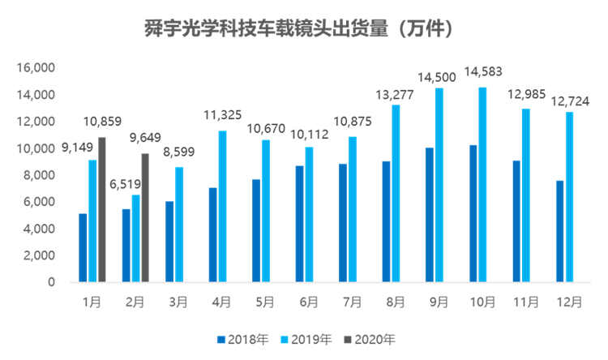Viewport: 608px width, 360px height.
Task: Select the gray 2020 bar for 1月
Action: click(102, 209)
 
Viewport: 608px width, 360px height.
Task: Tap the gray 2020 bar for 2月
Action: click(145, 217)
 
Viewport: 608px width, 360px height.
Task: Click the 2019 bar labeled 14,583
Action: click(482, 184)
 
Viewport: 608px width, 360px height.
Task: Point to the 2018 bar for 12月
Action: click(559, 231)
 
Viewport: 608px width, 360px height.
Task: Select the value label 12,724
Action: click(569, 101)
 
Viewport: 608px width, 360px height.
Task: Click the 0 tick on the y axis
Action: click(52, 282)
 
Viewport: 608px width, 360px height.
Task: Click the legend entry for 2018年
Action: click(242, 338)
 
